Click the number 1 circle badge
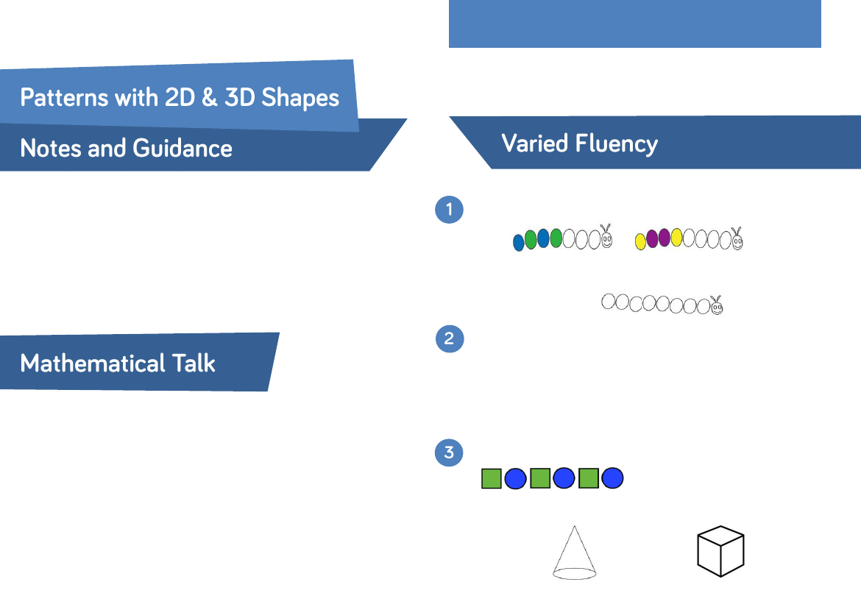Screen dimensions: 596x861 [449, 210]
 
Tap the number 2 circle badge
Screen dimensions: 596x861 [449, 339]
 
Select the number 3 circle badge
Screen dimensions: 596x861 [449, 452]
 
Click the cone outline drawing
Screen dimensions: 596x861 [574, 553]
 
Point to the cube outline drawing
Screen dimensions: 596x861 [720, 551]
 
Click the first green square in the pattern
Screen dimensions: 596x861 [492, 478]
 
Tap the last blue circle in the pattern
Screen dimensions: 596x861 [612, 478]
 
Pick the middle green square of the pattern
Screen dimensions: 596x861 [540, 478]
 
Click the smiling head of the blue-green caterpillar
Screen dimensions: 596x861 [607, 238]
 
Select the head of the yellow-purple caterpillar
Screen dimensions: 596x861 [737, 238]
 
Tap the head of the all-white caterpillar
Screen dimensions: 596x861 [716, 305]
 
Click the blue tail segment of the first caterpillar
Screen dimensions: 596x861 [519, 242]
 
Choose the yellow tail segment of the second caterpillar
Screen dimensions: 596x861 [641, 241]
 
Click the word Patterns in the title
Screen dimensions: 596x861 [62, 98]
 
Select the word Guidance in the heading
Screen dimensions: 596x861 [183, 149]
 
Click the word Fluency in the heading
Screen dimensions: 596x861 [617, 143]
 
